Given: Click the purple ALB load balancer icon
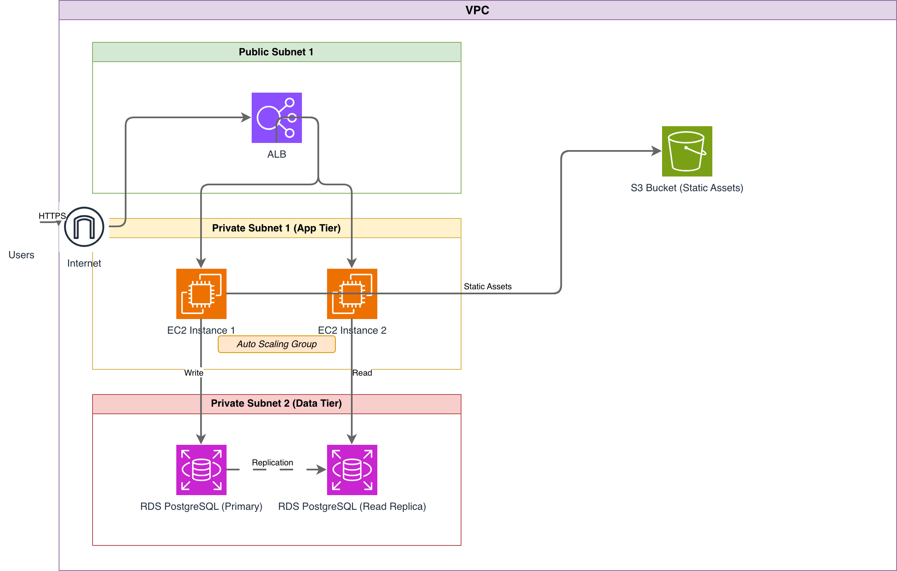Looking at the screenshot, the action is (x=276, y=117).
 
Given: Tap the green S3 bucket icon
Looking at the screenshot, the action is (x=687, y=151).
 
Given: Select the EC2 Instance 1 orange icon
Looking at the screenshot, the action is (x=201, y=293).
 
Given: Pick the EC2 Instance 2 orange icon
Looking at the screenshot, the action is (x=352, y=293).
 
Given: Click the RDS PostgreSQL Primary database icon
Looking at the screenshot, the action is (x=201, y=470).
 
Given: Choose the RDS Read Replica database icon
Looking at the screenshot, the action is (x=352, y=470).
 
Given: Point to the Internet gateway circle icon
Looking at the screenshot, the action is (x=84, y=227).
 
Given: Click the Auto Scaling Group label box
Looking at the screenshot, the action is (x=276, y=344).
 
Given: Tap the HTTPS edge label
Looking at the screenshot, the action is (x=52, y=216).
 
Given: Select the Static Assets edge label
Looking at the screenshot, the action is (x=488, y=286).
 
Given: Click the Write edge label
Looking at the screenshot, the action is (x=194, y=373).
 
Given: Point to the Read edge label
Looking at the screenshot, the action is (x=362, y=373).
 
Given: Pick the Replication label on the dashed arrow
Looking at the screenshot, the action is (x=273, y=462).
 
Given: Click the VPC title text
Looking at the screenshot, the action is (x=477, y=10).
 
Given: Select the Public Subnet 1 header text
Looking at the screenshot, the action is (x=276, y=52).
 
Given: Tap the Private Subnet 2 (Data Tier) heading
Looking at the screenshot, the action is (x=276, y=403).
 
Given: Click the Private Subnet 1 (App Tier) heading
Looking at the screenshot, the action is (x=276, y=228).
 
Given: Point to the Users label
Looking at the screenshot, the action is (x=21, y=255).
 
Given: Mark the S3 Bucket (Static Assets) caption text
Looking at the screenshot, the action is (x=687, y=188).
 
